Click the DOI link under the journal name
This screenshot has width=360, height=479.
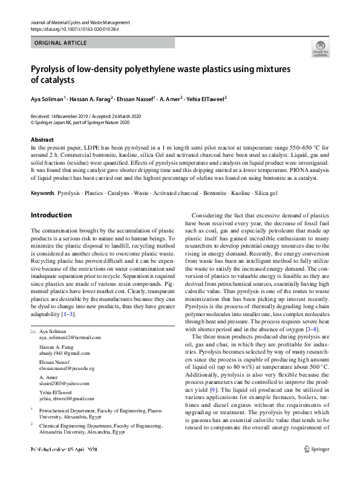(x=70, y=30)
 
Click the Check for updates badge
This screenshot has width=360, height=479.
(x=320, y=49)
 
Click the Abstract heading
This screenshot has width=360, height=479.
(x=42, y=140)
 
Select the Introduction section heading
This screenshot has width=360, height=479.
(x=51, y=215)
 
